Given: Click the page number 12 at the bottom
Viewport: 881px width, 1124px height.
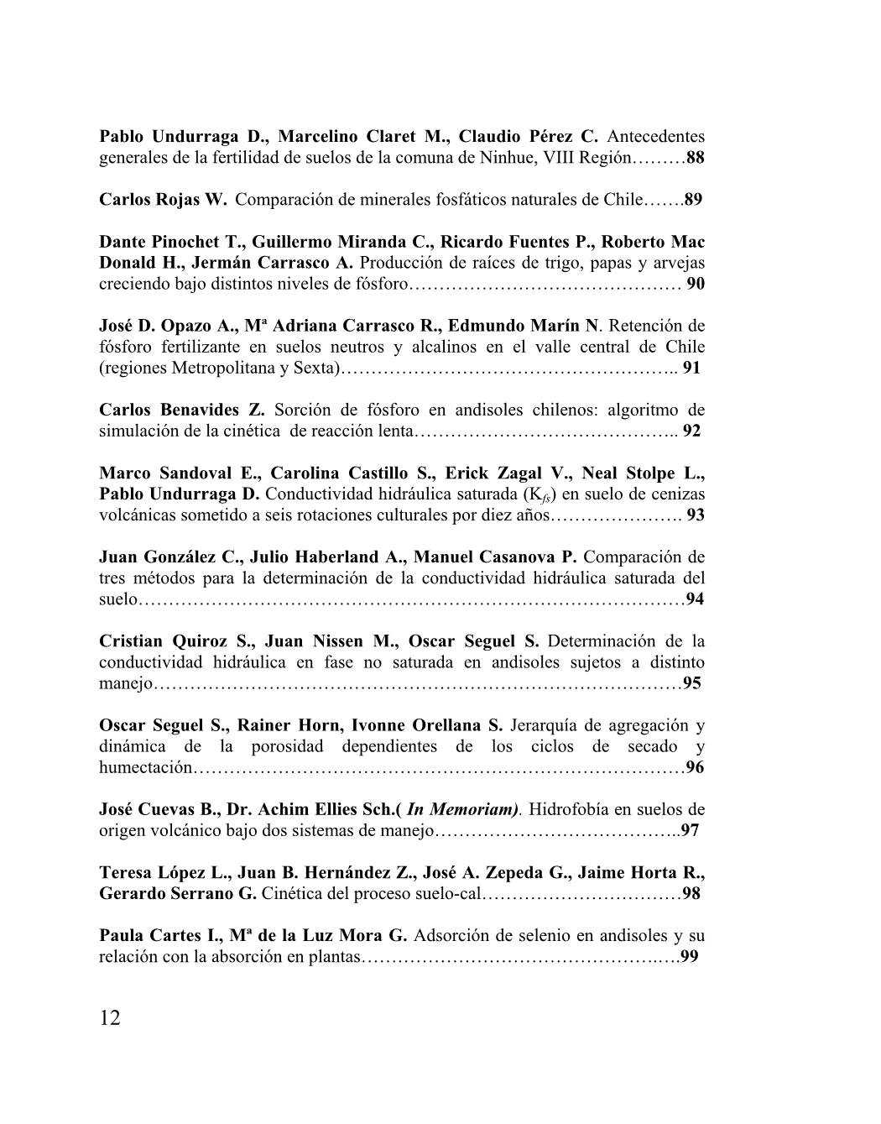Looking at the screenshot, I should pyautogui.click(x=110, y=1018).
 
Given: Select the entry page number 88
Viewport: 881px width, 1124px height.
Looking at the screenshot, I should pyautogui.click(x=695, y=157).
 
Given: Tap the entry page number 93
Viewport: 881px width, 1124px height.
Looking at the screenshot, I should pyautogui.click(x=695, y=515).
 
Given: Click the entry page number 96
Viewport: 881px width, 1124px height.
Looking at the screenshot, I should pyautogui.click(x=695, y=767).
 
